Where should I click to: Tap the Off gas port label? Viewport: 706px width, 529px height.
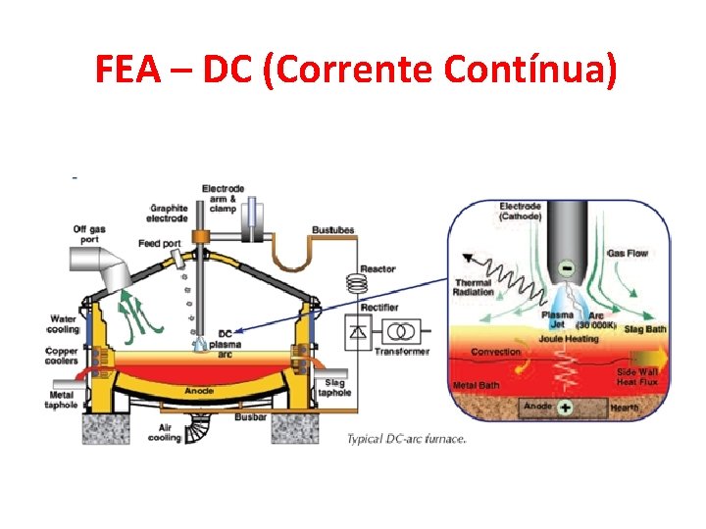point(90,235)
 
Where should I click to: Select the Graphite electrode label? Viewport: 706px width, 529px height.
point(168,213)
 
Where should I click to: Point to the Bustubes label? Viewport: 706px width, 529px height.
point(333,230)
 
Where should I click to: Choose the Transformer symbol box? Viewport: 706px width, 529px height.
point(401,331)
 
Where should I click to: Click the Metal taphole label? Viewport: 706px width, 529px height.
point(61,401)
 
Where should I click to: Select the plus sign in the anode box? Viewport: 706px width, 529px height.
point(566,406)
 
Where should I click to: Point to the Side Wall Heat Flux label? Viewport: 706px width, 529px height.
point(637,376)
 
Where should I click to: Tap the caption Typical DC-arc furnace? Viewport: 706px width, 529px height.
point(406,438)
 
